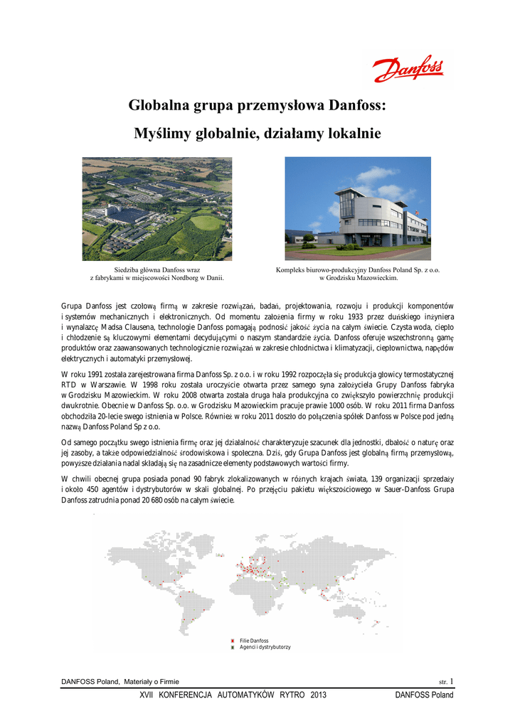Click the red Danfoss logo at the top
pos(408,70)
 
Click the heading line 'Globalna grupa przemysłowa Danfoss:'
pos(257,106)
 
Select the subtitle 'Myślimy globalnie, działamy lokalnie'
pos(257,134)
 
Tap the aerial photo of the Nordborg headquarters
pos(156,208)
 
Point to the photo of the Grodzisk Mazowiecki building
pos(357,208)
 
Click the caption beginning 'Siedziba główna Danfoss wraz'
pos(156,270)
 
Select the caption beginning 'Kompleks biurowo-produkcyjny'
pos(357,270)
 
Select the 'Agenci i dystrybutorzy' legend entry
pos(265,647)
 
